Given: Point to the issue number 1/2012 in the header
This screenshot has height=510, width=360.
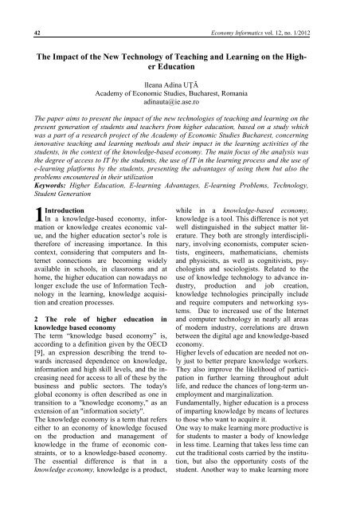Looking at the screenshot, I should (x=331, y=10).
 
